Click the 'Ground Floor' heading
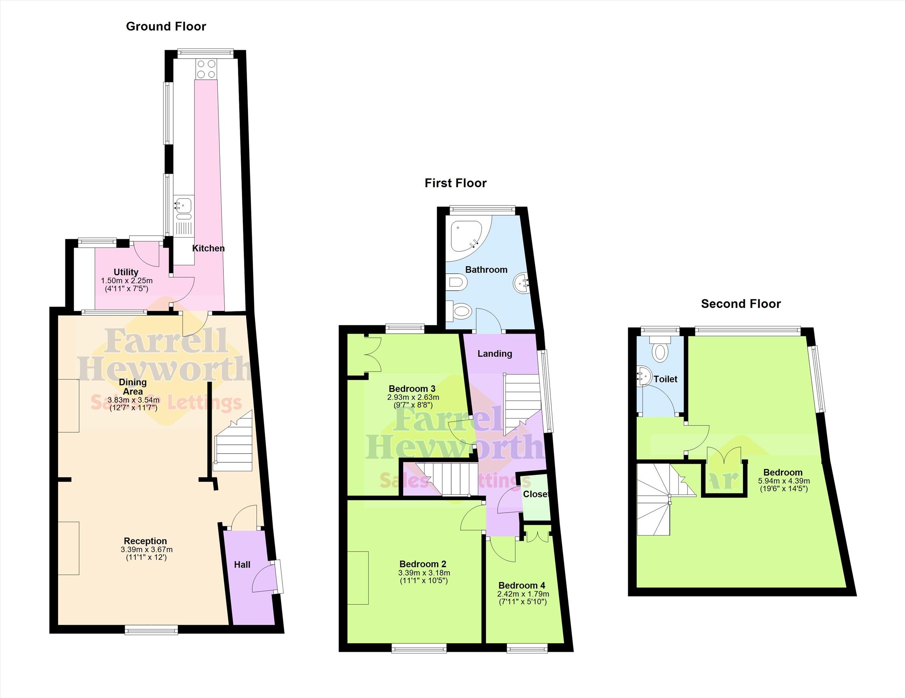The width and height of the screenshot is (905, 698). (166, 26)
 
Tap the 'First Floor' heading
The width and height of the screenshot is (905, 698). (455, 183)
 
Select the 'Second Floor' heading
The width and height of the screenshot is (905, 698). (741, 304)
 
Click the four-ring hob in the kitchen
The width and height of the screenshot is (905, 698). (206, 69)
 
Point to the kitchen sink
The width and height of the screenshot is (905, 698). (183, 208)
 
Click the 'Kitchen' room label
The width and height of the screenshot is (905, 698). (209, 248)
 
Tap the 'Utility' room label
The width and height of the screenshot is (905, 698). (126, 272)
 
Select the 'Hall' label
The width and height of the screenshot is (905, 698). (242, 564)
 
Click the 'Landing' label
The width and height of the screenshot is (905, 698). (495, 354)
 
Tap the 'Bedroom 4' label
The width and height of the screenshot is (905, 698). (522, 585)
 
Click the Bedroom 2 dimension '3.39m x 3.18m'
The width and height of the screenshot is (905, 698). (424, 573)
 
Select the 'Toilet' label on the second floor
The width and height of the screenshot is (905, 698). (666, 379)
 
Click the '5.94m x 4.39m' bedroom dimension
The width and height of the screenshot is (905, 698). (784, 481)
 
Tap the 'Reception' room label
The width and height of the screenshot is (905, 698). (146, 541)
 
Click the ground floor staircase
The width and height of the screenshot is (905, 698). (232, 441)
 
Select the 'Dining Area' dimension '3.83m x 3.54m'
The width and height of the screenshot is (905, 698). (134, 400)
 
